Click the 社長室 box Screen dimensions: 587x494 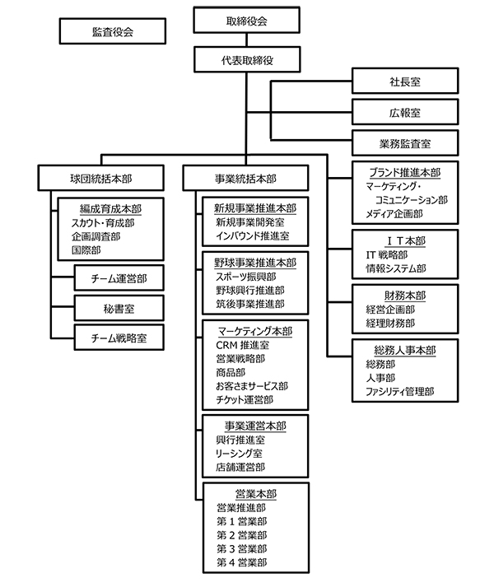(403, 81)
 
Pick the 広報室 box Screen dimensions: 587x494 (403, 111)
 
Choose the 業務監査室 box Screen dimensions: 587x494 (403, 142)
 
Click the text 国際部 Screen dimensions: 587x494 (86, 249)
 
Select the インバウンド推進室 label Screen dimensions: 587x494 (251, 235)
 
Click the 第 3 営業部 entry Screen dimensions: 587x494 (242, 548)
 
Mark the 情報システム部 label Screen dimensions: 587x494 (396, 268)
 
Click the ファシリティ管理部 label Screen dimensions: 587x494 (400, 392)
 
